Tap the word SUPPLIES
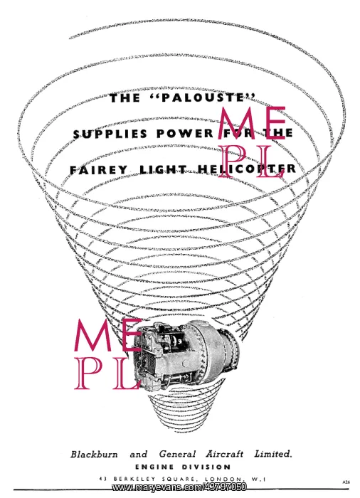pos(110,134)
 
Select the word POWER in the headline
pos(184,134)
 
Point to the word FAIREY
pos(98,170)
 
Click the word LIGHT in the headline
pos(164,169)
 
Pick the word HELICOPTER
pos(247,169)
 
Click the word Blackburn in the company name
pos(94,454)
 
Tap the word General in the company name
pos(177,454)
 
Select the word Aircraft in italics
pos(224,454)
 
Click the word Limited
pos(273,454)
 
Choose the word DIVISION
pos(206,467)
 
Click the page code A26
pos(346,482)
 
